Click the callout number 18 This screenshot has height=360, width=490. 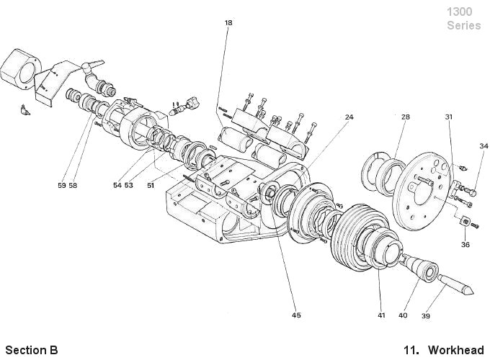(228, 23)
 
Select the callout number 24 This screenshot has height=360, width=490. (349, 116)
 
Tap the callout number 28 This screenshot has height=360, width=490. (406, 116)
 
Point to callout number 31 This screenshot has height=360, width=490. (448, 116)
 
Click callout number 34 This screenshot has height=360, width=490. (484, 146)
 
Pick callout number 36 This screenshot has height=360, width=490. (465, 244)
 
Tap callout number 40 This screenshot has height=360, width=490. (402, 315)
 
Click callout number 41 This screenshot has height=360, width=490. (381, 315)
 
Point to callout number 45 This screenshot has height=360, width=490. (296, 315)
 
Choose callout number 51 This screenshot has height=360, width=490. (151, 185)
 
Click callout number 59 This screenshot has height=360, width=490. (62, 185)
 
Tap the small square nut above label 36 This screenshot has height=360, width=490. (465, 222)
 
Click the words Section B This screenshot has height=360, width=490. (31, 351)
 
